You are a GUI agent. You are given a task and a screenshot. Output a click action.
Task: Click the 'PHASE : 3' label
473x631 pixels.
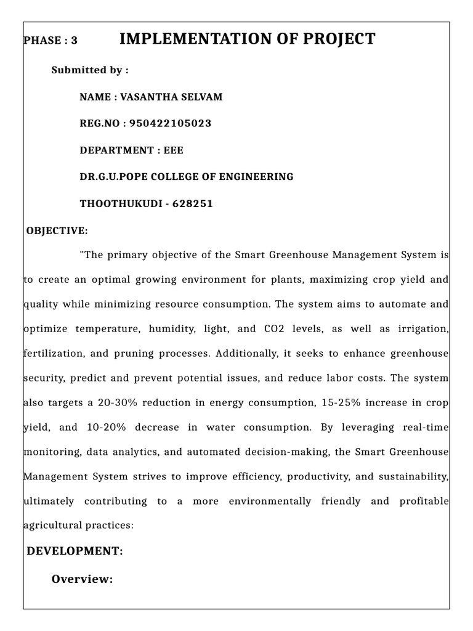tap(51, 41)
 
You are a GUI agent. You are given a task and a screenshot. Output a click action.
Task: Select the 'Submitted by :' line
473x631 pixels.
tap(90, 70)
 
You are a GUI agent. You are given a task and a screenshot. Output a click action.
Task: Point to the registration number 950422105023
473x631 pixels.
tap(170, 124)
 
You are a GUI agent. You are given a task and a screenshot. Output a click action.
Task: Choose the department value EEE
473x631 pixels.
tap(174, 150)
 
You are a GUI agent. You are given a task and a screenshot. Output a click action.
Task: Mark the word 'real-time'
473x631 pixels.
tap(426, 428)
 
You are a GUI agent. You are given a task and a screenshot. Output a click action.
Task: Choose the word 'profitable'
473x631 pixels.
tap(426, 502)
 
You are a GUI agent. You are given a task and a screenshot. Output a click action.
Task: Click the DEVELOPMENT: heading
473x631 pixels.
tap(75, 552)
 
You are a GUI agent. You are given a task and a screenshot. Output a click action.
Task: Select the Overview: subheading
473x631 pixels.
tap(82, 579)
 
